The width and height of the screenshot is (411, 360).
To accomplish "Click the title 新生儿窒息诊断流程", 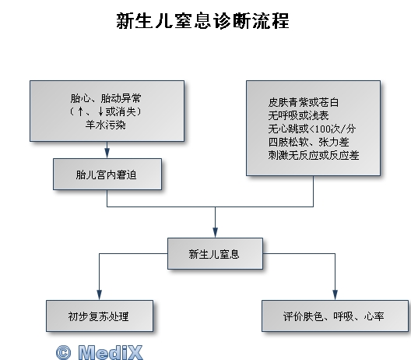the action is coord(202,20).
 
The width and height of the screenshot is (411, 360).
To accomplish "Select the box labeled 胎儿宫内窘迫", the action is coord(107,174).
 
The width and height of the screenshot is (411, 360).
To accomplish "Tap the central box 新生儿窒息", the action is coord(215,253).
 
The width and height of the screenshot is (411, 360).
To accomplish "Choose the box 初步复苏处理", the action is coord(100,316).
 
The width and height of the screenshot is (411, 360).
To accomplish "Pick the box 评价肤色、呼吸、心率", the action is coord(335,316).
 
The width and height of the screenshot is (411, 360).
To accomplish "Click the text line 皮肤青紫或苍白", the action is coord(304,102).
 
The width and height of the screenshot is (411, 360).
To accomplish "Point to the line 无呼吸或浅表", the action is coord(298,115).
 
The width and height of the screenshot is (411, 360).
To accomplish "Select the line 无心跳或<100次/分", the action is coord(312,129).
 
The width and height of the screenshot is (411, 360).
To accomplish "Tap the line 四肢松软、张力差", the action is coord(308,143).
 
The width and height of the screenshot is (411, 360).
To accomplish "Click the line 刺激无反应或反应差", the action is coord(314,155).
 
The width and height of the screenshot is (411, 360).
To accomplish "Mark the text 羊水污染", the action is coord(106,125).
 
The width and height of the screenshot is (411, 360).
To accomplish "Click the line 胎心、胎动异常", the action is coord(106,98).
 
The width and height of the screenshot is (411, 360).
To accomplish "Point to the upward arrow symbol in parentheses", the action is coord(81,111).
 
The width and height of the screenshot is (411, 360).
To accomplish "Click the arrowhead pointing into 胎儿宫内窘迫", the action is coord(107,154).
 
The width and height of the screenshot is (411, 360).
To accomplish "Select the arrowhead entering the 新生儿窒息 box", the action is coord(215,233).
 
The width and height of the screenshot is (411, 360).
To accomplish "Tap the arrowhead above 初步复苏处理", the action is coord(100,295).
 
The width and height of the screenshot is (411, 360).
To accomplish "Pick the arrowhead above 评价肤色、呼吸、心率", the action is coord(335,295).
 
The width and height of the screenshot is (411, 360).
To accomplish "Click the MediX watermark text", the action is coord(111,352).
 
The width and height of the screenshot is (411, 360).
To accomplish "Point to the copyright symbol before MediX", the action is coord(63,352).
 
